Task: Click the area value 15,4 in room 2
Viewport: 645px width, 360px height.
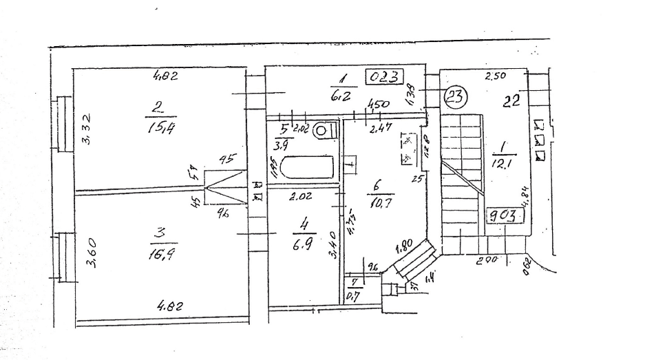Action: click(x=159, y=127)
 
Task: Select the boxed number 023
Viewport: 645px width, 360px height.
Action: click(x=385, y=77)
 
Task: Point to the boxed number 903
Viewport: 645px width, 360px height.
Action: click(x=505, y=215)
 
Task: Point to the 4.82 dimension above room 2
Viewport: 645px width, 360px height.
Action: click(x=165, y=76)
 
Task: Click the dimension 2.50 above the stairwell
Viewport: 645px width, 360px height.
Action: click(x=495, y=77)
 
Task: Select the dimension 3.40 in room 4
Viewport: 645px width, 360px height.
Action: click(x=334, y=245)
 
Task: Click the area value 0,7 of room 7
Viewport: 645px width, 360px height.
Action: click(x=354, y=296)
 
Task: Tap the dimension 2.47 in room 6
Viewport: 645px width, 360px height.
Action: click(x=377, y=128)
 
